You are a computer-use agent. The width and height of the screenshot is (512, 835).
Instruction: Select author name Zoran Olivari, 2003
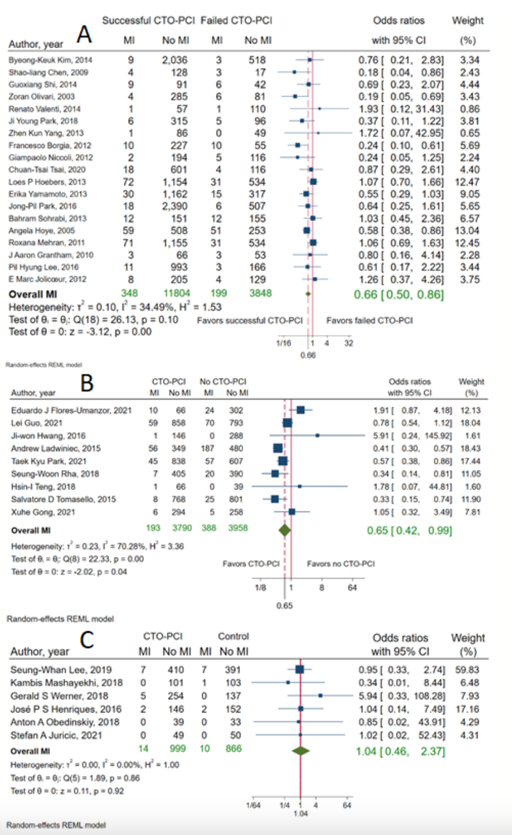(x=42, y=97)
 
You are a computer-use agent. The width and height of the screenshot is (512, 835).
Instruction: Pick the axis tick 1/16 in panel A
(x=283, y=343)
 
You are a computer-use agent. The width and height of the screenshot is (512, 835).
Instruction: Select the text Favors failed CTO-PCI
(x=369, y=321)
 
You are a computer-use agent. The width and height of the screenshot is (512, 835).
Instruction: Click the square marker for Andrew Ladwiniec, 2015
(x=278, y=448)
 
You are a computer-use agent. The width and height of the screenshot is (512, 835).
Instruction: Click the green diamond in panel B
(x=285, y=530)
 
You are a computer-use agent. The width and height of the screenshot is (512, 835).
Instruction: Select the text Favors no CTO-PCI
(x=341, y=564)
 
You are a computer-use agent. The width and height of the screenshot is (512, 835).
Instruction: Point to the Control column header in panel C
(x=233, y=637)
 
